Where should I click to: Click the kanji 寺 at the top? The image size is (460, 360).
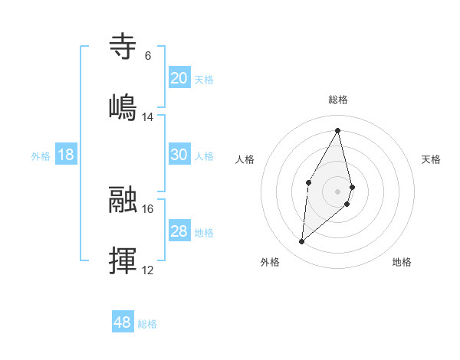123,46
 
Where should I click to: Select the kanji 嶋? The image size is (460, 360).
123,106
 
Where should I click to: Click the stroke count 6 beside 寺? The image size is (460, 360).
147,55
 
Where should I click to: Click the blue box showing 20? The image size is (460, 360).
179,77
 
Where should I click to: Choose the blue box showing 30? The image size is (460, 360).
179,155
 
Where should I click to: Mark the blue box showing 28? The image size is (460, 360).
179,231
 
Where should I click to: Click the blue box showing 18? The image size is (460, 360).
66,155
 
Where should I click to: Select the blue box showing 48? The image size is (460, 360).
122,322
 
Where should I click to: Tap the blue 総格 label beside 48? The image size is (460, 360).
147,324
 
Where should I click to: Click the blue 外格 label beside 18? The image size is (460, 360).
41,156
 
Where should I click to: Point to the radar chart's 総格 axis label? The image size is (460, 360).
338,100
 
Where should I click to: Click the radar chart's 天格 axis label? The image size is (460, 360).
432,159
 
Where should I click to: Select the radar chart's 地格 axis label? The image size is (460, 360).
402,262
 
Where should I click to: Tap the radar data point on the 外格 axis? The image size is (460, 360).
301,242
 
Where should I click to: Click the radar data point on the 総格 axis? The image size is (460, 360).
338,130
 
